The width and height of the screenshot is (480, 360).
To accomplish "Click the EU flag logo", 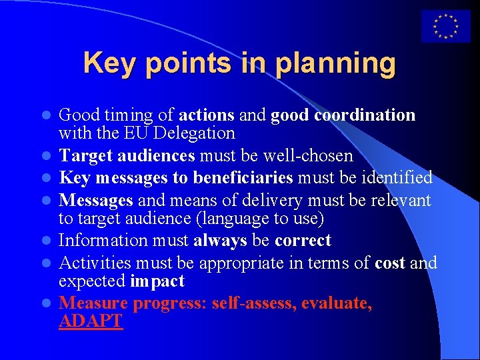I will pos(445,27).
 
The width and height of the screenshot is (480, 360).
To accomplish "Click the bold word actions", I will pos(206,115).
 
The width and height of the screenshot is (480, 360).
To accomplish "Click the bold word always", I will pos(220,240).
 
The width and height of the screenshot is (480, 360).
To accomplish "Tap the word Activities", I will pos(92,263).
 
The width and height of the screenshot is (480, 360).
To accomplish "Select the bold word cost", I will pos(390,263).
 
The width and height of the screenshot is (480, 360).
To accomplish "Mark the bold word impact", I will pos(157,281).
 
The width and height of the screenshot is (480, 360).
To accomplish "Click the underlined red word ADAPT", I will pos(91,321).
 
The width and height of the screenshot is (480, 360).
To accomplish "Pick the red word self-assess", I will pos(253,303).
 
